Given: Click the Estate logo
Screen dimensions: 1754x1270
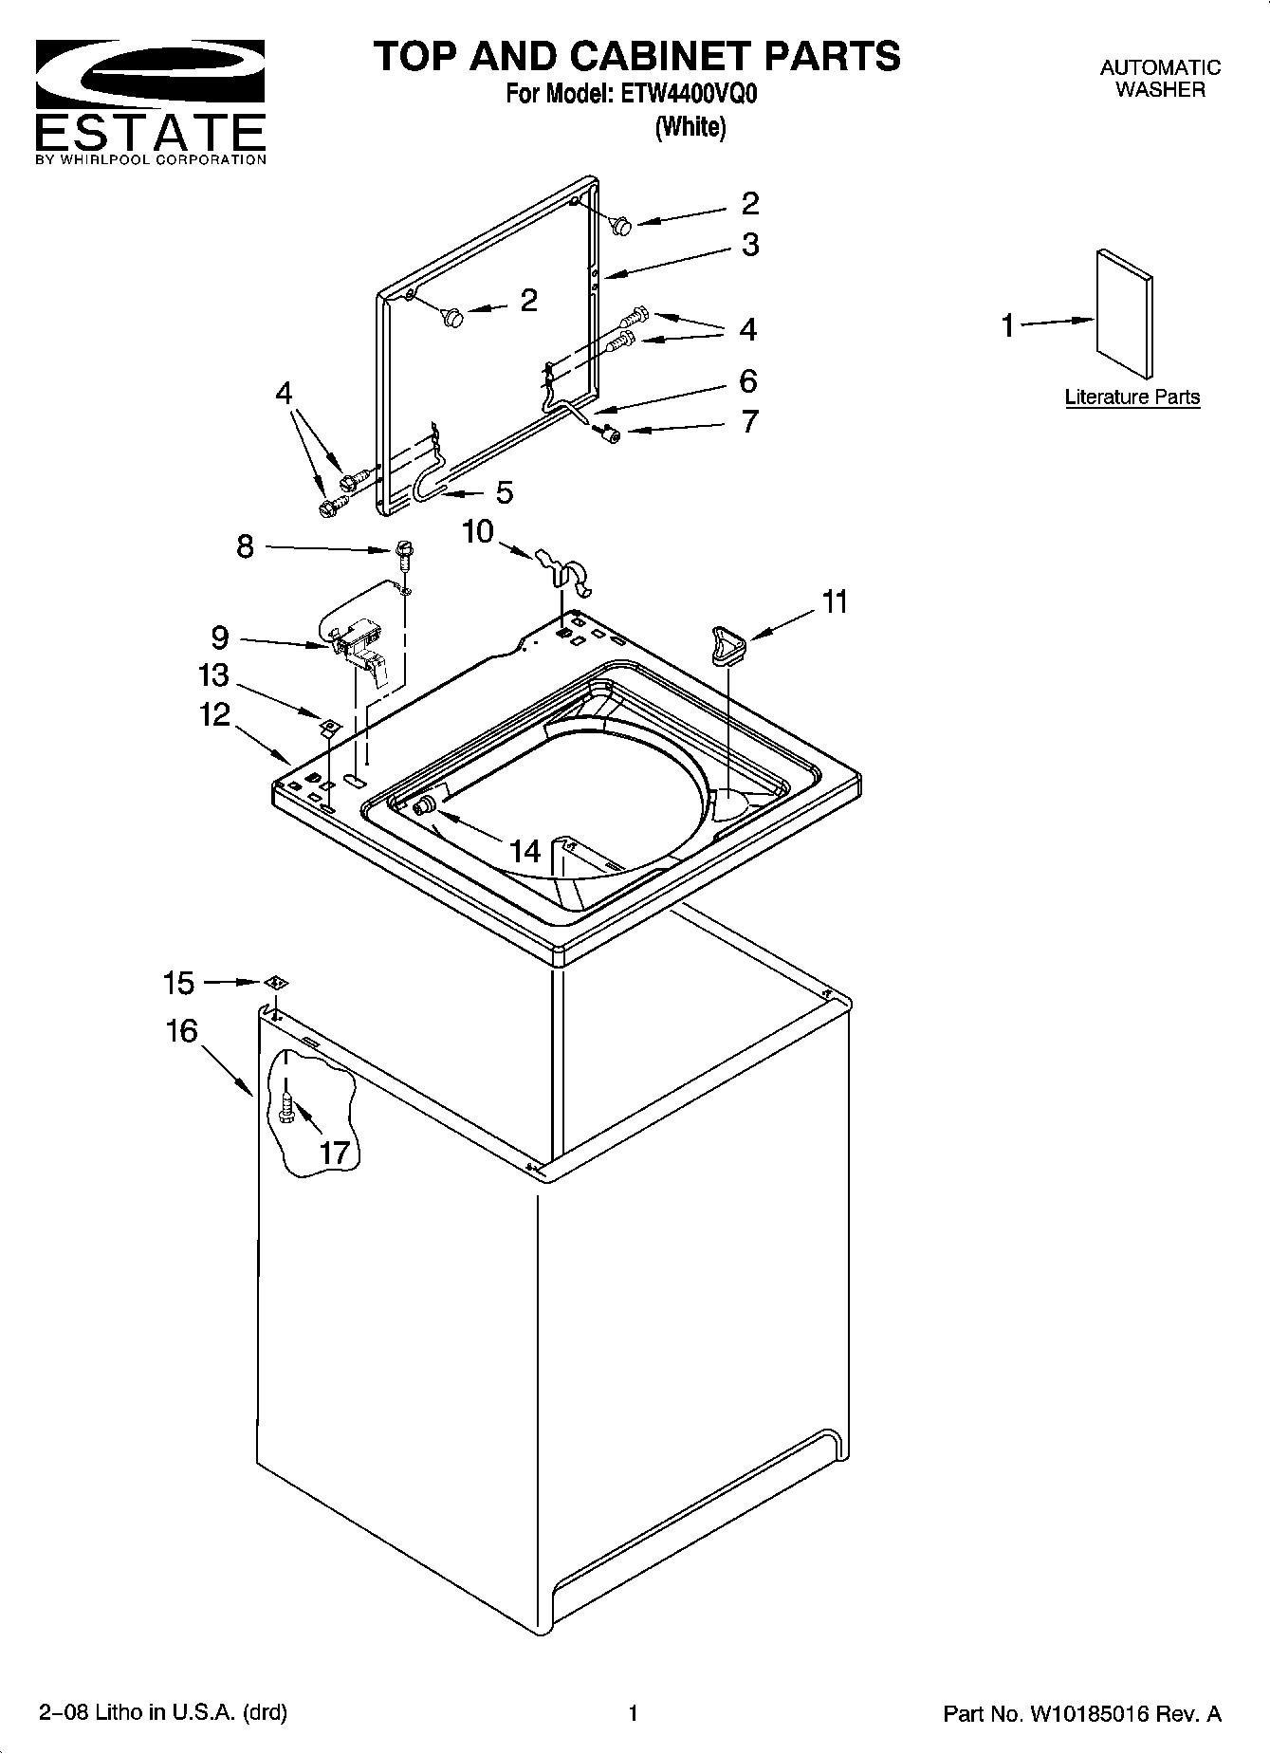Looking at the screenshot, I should (x=150, y=100).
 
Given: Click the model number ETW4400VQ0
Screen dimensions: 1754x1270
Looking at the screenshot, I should (x=690, y=95).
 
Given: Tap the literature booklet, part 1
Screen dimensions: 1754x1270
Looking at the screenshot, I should (x=1125, y=314).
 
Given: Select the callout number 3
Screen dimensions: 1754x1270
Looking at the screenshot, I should (x=750, y=245).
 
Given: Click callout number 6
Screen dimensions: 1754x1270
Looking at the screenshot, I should (x=748, y=381).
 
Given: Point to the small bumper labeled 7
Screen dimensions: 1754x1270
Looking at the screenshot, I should (x=610, y=434).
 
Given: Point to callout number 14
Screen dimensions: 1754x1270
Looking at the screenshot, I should (x=525, y=851).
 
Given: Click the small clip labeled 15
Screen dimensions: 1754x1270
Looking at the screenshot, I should (x=274, y=983).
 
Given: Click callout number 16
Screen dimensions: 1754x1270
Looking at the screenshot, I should (x=182, y=1030).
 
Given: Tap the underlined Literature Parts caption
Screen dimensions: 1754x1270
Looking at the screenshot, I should (x=1132, y=397).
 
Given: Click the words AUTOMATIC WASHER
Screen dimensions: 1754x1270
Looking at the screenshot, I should (x=1159, y=79).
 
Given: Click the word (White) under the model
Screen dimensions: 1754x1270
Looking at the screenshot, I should (x=690, y=127).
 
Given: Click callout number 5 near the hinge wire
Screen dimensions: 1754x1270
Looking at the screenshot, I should (x=505, y=492).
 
